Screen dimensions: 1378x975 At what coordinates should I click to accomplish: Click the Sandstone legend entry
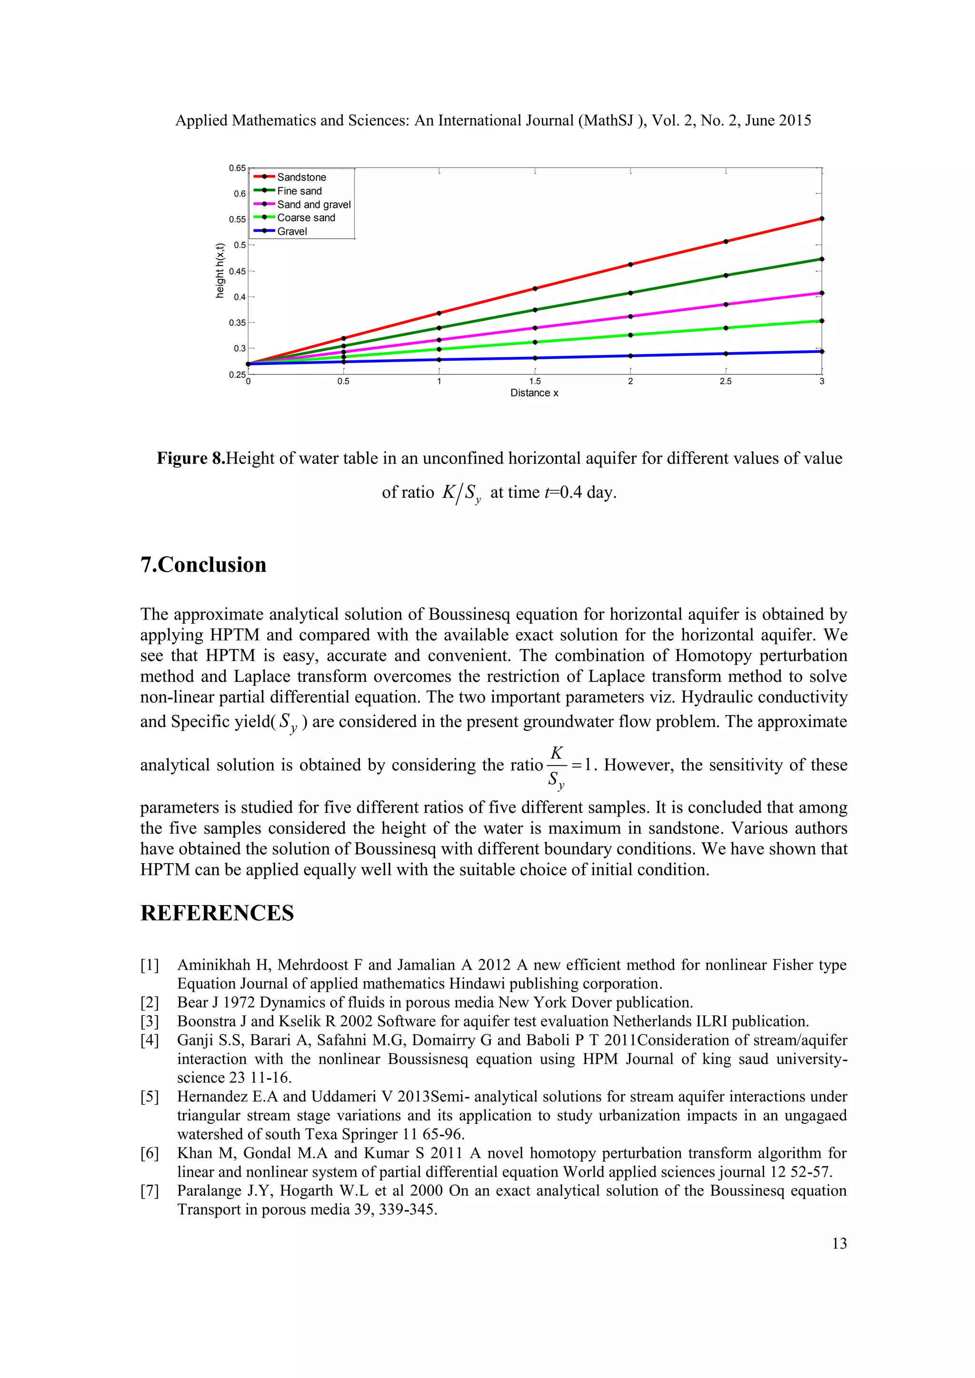click(x=301, y=177)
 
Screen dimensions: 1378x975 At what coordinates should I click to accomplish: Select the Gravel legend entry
click(x=292, y=231)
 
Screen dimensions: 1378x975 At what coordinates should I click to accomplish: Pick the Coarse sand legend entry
click(x=306, y=218)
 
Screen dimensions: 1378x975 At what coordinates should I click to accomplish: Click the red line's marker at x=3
click(x=821, y=219)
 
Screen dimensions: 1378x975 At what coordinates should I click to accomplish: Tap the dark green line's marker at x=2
click(x=630, y=293)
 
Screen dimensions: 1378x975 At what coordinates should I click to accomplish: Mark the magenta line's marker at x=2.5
click(x=726, y=304)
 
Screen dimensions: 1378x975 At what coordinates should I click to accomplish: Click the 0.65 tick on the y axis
click(x=237, y=168)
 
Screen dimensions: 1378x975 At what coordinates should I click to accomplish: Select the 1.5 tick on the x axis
click(x=534, y=382)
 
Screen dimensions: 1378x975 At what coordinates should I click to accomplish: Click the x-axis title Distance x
click(x=534, y=393)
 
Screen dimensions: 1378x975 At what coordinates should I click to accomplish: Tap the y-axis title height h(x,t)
click(x=220, y=271)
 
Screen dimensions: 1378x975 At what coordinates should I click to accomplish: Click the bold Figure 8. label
click(x=191, y=459)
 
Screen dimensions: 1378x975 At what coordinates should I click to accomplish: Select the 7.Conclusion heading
click(x=204, y=565)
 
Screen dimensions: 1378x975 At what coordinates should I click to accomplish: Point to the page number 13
click(x=839, y=1243)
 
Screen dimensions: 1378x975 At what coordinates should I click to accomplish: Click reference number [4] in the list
click(x=149, y=1040)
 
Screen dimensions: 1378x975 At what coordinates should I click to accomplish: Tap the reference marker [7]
click(x=149, y=1191)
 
